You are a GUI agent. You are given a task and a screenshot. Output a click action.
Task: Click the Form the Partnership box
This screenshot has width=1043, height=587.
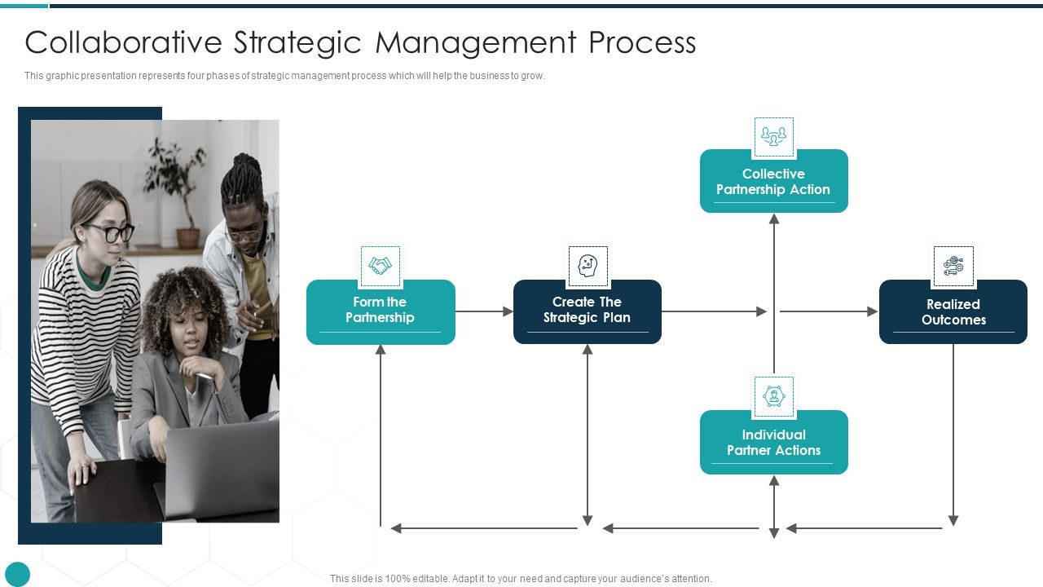[x=381, y=311]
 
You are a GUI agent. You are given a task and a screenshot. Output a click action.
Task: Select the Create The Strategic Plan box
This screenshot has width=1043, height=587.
[x=587, y=311]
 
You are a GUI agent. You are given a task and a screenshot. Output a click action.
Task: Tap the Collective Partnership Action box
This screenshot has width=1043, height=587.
[x=773, y=182]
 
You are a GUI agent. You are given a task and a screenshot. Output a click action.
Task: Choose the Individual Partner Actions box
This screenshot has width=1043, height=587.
[x=773, y=443]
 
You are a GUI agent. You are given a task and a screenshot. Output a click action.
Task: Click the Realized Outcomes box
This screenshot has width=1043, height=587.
[x=953, y=312]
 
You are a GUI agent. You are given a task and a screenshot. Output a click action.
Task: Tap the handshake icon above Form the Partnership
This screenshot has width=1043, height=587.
[x=381, y=267]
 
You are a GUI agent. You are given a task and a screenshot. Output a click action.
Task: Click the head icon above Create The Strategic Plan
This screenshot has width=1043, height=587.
[x=588, y=267]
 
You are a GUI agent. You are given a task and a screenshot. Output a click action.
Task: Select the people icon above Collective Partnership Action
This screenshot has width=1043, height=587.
[x=773, y=136]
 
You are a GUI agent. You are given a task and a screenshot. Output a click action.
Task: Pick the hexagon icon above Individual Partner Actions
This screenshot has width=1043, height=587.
[x=773, y=397]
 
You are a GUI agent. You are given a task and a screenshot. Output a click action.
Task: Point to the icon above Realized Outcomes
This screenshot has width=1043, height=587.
[x=953, y=267]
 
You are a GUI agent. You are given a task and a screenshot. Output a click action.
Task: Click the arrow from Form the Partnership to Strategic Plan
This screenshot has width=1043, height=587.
[x=484, y=311]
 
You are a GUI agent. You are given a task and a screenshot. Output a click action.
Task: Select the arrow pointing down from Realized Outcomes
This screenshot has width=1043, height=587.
[x=953, y=432]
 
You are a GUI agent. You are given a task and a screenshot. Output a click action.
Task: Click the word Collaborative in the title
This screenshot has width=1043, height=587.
[x=123, y=42]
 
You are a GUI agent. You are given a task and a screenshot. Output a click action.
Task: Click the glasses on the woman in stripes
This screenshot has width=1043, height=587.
[x=109, y=232]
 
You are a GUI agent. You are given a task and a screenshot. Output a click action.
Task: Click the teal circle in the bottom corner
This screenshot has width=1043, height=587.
[x=17, y=574]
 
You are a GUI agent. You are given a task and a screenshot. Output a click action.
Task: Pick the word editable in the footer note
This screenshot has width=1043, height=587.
[x=428, y=579]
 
